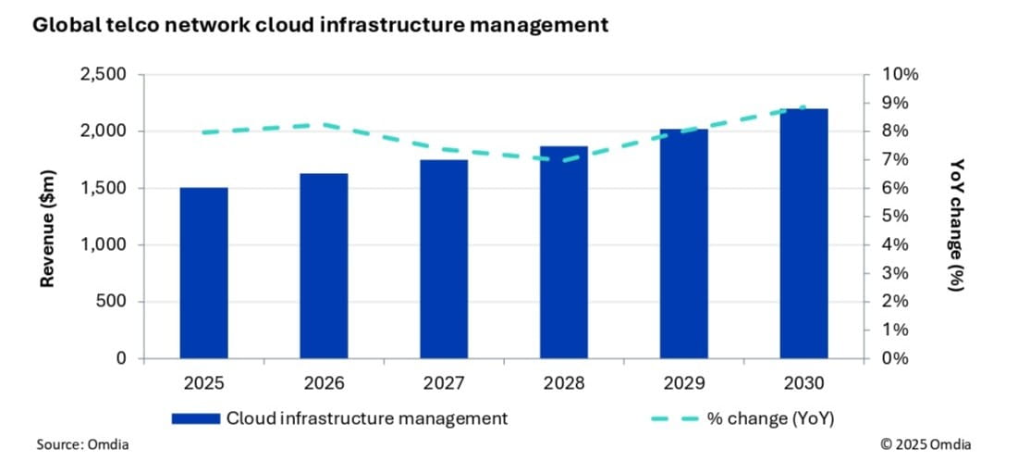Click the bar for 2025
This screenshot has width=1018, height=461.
pos(203,273)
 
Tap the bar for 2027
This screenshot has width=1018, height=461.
pos(444,259)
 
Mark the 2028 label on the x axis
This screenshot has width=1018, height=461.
pos(564,382)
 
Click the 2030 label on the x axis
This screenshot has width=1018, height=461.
pos(803,382)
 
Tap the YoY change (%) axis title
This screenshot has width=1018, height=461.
pos(957,225)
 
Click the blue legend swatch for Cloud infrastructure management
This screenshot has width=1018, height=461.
pos(195,418)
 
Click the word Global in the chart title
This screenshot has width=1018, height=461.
pos(63,25)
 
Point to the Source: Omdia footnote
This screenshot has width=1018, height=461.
pos(82,444)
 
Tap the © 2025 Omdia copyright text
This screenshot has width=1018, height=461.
pos(926,444)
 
